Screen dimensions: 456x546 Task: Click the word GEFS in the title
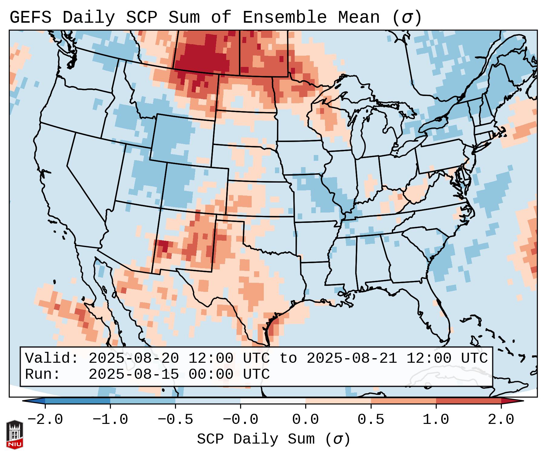[30, 18]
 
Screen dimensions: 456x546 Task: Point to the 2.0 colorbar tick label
[501, 420]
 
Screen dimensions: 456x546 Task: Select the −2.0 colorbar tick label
[45, 420]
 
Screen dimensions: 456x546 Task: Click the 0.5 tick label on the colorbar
[371, 420]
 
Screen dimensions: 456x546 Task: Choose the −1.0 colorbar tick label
[110, 420]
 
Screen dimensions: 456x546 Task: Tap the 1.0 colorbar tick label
[436, 420]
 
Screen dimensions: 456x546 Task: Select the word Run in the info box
[39, 374]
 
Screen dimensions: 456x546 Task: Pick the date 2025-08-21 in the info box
[352, 358]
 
